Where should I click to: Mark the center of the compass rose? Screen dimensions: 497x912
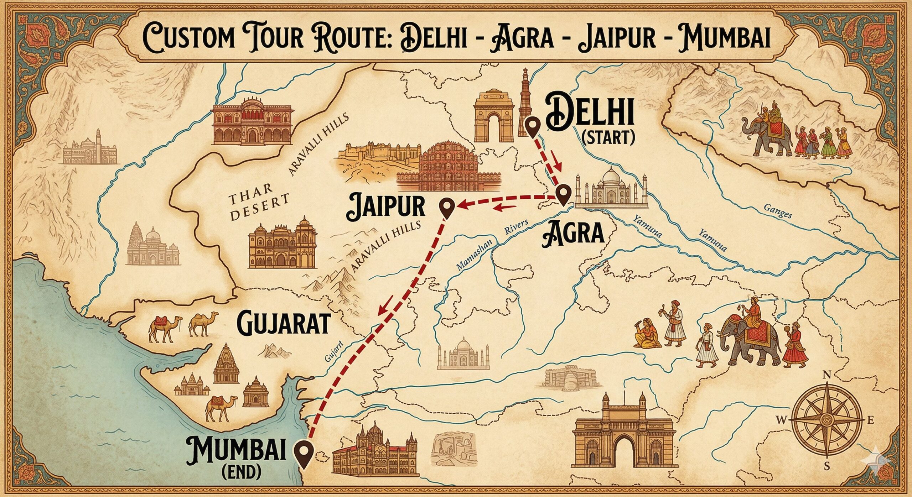click(x=827, y=420)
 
